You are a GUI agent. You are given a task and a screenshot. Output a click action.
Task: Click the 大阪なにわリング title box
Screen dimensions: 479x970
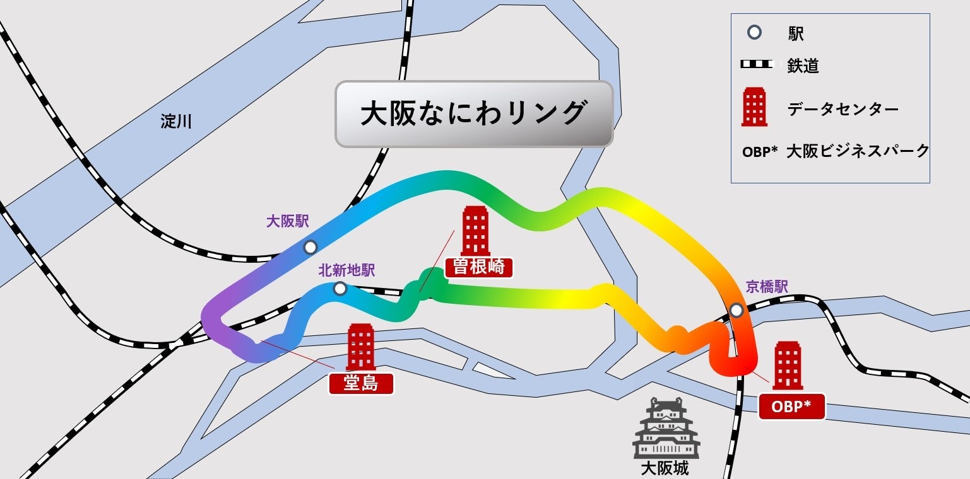tap(473, 114)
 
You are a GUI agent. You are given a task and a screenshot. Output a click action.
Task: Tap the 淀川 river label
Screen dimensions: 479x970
tap(176, 122)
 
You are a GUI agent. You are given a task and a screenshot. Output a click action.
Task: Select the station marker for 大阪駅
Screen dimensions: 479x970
tap(310, 247)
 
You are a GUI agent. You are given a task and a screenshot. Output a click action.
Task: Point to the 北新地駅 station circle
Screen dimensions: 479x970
tap(340, 289)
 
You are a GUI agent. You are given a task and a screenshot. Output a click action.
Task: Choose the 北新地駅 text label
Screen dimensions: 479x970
tap(346, 270)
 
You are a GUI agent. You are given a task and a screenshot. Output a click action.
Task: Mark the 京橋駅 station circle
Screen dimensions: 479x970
tap(736, 310)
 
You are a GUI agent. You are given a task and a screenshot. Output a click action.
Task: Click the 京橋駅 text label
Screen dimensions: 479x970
tap(767, 287)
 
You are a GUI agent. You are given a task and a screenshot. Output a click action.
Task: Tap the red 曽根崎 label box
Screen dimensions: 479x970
tap(478, 267)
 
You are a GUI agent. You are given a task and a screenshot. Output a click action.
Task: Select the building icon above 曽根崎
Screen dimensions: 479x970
tap(475, 231)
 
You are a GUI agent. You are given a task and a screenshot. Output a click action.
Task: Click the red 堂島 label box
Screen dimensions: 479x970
tap(361, 383)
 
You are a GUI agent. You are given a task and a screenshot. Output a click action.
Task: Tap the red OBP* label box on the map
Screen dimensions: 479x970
tap(792, 408)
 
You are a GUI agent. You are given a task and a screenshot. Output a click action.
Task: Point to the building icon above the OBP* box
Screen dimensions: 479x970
tap(788, 365)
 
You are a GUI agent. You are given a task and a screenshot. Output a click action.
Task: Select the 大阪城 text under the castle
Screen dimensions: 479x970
tap(665, 468)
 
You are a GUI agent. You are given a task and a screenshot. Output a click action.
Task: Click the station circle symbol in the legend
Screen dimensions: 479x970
tap(754, 32)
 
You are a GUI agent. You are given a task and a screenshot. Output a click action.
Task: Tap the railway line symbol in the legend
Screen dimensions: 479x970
tap(756, 64)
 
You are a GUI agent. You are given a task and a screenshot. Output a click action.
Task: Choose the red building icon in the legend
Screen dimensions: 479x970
tap(755, 107)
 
